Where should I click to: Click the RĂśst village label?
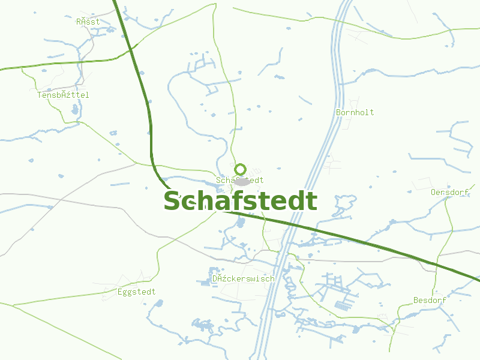tap(88, 22)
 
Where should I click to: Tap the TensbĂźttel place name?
tap(63, 95)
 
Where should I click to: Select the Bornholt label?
tap(355, 112)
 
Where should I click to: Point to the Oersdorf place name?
tap(449, 192)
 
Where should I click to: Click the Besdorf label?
tap(430, 300)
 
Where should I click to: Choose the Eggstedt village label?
tap(136, 292)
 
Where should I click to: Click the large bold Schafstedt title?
tap(240, 201)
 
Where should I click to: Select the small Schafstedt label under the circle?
tap(239, 180)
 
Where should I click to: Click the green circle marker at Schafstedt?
tap(240, 169)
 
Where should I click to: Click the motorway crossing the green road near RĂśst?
tap(131, 50)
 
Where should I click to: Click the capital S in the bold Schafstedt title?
tap(173, 201)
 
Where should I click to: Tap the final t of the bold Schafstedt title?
tap(311, 201)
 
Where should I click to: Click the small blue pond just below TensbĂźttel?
tap(74, 110)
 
